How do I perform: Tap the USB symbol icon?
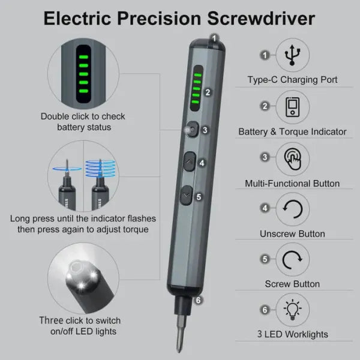point(292,55)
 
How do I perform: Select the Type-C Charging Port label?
point(292,80)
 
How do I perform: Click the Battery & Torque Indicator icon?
point(292,107)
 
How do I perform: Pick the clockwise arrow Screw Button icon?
point(292,259)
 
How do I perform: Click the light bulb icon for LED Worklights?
point(292,310)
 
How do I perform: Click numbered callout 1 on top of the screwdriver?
point(212,38)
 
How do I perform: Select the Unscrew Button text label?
point(292,234)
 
